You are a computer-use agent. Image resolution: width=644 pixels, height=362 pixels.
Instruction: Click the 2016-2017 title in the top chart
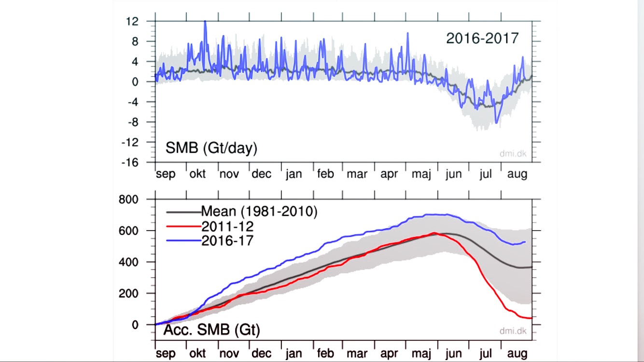(482, 38)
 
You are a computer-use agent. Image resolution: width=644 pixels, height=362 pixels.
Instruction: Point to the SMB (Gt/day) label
(211, 148)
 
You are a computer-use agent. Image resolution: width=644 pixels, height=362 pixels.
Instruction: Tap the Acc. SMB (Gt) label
(211, 331)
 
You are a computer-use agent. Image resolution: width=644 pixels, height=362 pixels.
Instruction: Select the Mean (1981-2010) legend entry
(259, 211)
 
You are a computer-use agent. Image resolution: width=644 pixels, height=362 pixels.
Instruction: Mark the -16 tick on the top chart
(130, 163)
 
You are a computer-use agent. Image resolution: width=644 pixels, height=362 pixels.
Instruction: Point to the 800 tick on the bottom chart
(128, 199)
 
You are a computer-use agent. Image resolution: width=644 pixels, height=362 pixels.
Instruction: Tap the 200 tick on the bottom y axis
(128, 293)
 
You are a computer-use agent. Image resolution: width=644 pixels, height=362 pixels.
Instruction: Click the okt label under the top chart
(197, 174)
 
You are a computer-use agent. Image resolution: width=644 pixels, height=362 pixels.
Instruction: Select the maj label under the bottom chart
(421, 353)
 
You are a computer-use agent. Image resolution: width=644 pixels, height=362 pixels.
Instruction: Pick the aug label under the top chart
(517, 174)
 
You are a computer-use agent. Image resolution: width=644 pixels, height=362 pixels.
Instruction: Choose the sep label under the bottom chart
(166, 353)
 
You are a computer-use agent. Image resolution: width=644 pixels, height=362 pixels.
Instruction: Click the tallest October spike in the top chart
(205, 21)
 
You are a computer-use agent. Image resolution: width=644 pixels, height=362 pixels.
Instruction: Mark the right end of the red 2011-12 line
(531, 318)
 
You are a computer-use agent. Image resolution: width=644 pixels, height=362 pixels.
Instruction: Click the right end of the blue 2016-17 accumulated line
(525, 242)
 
